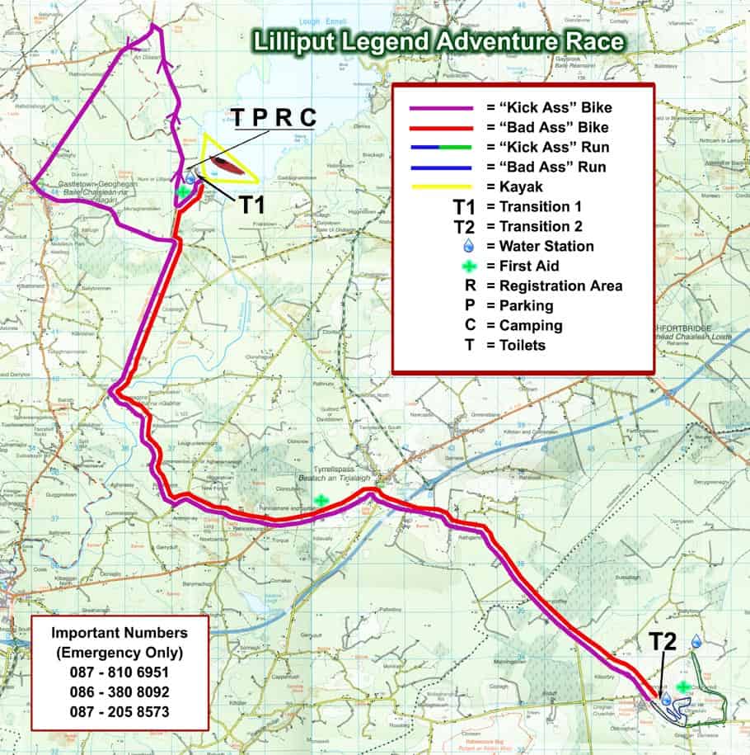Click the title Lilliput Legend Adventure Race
coord(438,41)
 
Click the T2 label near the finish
coord(665,642)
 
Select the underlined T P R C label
coord(273,117)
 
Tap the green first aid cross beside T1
coord(183,191)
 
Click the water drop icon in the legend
coord(469,246)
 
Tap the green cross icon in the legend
coord(469,266)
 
